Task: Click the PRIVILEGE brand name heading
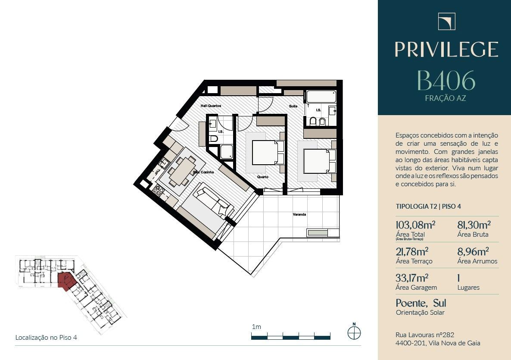446,49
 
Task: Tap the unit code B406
446,81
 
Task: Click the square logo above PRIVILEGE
446,22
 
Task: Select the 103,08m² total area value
415,225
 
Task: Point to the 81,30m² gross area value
474,225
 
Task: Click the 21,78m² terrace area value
412,251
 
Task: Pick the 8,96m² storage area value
473,251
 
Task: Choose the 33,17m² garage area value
412,278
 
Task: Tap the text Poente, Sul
421,303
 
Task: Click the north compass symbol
354,332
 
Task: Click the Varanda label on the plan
299,215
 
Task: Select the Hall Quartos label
211,106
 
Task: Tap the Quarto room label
263,177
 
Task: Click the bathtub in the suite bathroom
321,97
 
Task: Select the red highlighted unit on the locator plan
66,280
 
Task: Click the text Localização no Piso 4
46,338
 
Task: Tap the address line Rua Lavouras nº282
425,335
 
